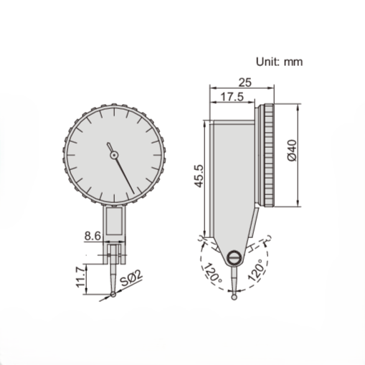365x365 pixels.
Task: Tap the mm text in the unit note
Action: pyautogui.click(x=294, y=62)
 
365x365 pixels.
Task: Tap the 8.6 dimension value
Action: pyautogui.click(x=92, y=234)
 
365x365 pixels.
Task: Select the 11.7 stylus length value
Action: pyautogui.click(x=81, y=276)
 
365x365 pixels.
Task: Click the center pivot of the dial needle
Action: pyautogui.click(x=113, y=153)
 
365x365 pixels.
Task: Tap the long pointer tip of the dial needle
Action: pyautogui.click(x=133, y=192)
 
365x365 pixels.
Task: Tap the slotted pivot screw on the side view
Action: pyautogui.click(x=234, y=259)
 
